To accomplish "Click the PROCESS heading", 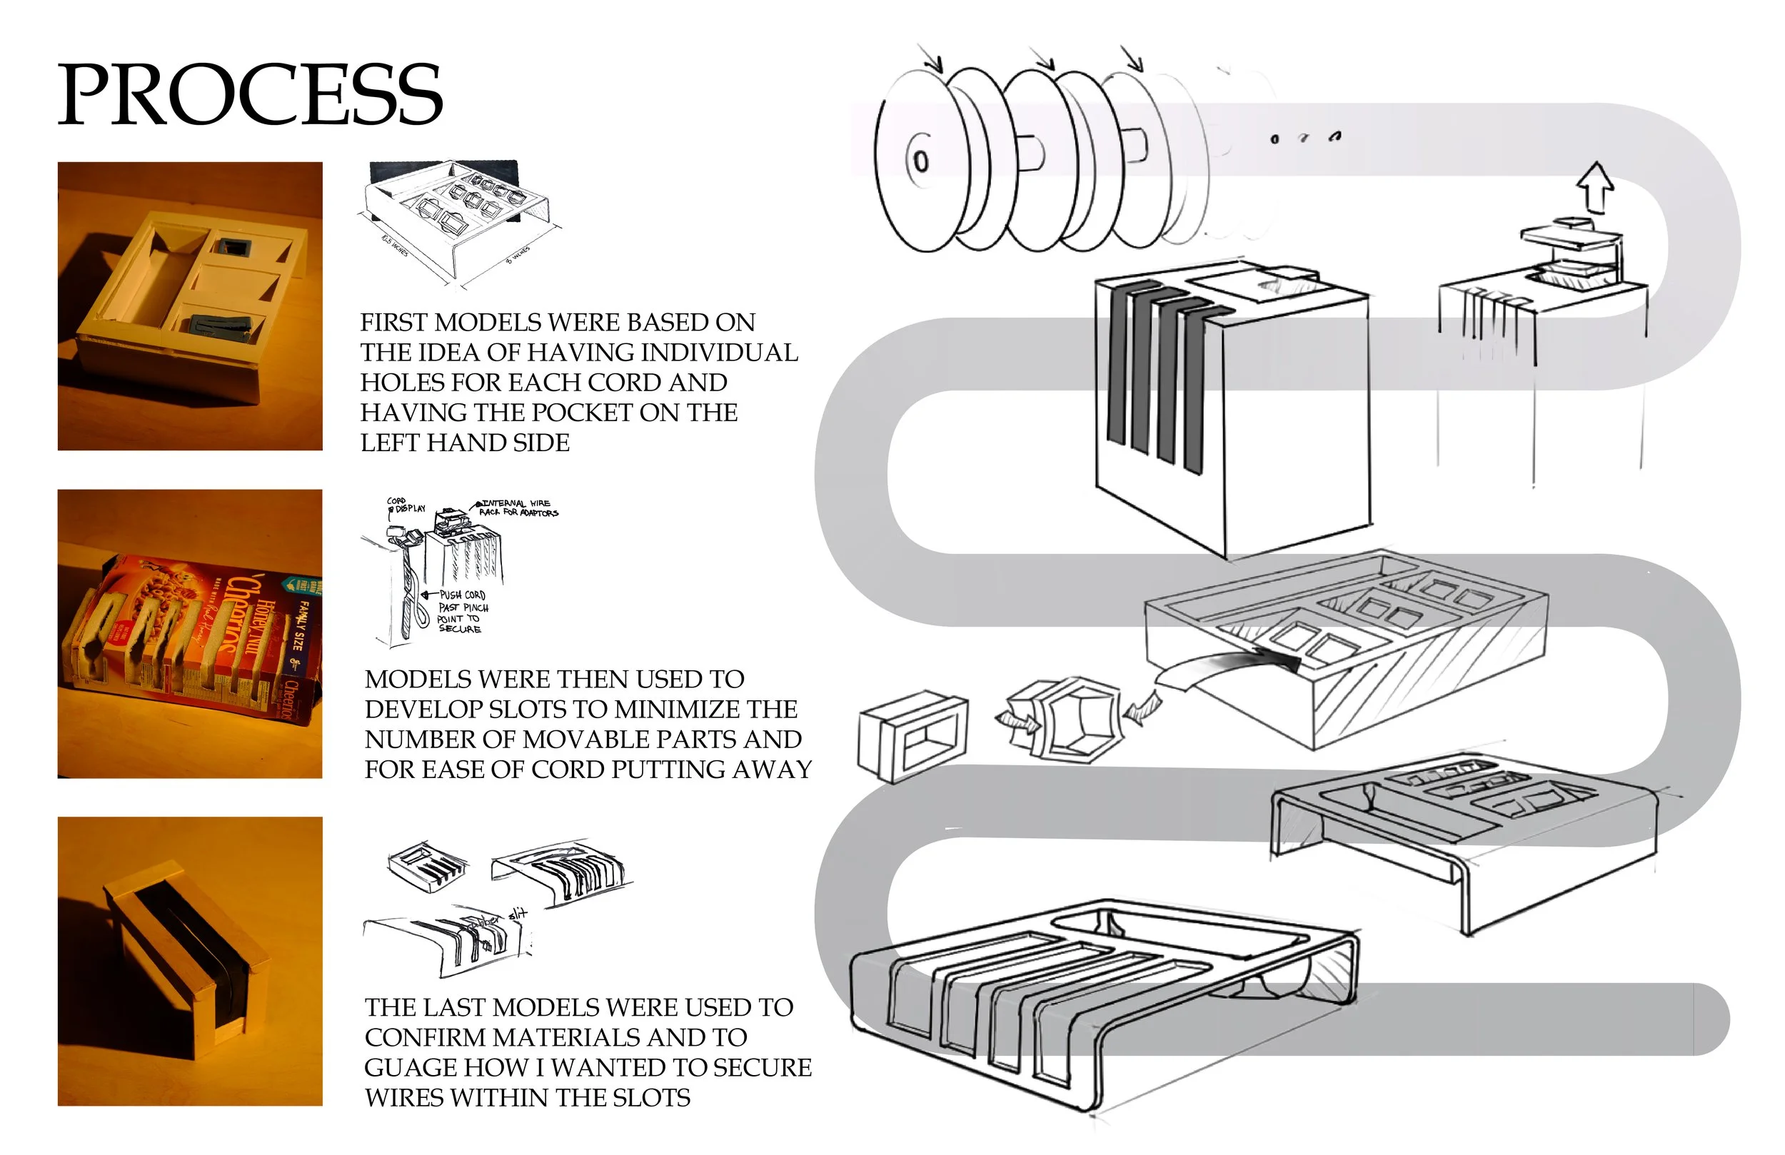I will pos(250,94).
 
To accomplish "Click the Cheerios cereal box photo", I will pos(190,635).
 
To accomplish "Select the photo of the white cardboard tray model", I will pos(190,306).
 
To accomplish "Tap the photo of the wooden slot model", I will pos(190,962).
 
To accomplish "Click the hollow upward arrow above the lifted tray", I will pos(1595,187).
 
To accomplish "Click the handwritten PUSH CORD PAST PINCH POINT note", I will pos(463,612).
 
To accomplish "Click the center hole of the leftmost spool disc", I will pos(920,161).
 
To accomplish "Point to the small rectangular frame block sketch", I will pos(911,735).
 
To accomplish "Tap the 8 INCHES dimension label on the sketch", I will pos(517,254).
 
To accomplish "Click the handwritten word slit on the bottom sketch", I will pos(518,914).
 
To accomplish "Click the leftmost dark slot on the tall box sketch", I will pos(1117,368).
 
